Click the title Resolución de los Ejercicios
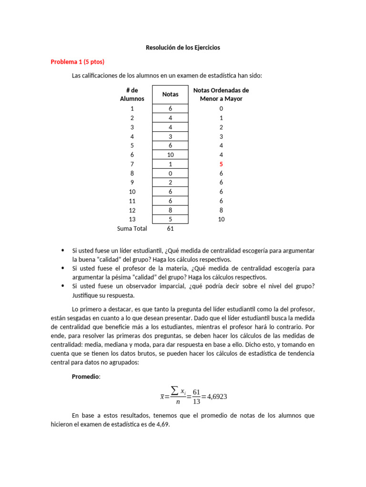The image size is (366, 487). [183, 48]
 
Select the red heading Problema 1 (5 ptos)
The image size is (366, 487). [77, 62]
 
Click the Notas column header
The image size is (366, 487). [170, 94]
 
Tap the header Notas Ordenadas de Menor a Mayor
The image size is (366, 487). [221, 94]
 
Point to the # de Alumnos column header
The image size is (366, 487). [132, 94]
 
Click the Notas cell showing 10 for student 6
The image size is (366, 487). [170, 155]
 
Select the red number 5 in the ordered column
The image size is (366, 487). [221, 164]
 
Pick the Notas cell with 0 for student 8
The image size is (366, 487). [170, 173]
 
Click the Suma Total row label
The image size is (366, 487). [132, 228]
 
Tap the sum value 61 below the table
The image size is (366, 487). [170, 228]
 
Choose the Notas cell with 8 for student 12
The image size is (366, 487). [170, 210]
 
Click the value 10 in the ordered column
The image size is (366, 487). [221, 219]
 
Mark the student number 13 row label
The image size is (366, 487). [132, 219]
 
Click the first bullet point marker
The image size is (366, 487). [63, 250]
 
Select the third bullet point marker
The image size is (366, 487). [63, 286]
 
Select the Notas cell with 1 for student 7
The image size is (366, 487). [170, 164]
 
